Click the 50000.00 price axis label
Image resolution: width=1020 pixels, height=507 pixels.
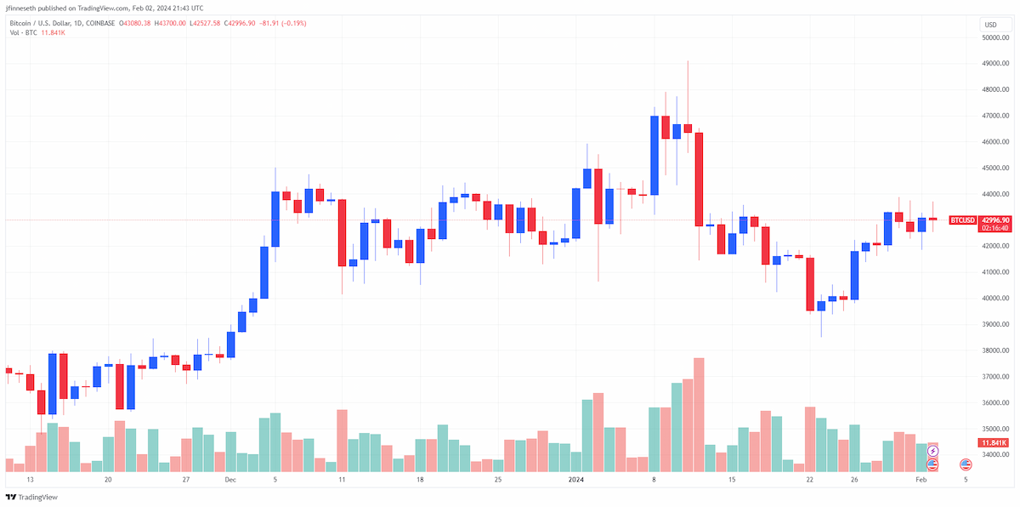[x=995, y=37]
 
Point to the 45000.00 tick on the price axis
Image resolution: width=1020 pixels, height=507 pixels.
[x=995, y=168]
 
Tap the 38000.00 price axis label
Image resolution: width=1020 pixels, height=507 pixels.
[x=995, y=350]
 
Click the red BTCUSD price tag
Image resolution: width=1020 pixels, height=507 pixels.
[x=962, y=220]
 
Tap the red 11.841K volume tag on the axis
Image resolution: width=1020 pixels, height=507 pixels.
[x=994, y=442]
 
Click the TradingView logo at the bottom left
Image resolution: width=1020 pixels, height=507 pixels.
[x=31, y=497]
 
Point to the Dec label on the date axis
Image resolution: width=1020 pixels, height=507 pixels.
[x=230, y=479]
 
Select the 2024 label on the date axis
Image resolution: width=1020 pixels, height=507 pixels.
[x=576, y=479]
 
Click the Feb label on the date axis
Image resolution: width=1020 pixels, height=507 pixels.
[x=921, y=479]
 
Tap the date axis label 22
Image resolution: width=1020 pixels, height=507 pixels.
[x=809, y=479]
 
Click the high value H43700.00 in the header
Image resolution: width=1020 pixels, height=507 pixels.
[x=170, y=23]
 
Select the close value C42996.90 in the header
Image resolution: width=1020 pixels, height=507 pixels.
[x=240, y=23]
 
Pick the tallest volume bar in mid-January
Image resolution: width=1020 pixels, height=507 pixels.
[x=699, y=414]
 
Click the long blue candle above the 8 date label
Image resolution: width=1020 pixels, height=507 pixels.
[x=654, y=156]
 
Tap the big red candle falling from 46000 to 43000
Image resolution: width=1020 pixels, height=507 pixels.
[x=699, y=179]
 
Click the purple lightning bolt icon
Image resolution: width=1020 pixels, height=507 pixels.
[x=933, y=451]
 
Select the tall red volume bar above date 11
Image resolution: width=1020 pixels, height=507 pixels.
[x=342, y=441]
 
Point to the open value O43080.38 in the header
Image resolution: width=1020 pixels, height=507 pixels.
[x=135, y=23]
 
